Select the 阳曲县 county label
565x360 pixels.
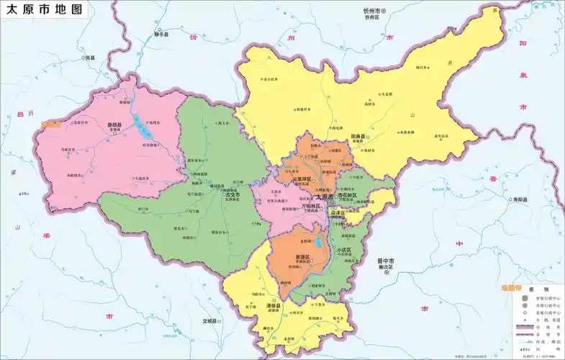[x=359, y=136]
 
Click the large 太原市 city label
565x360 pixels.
[x=325, y=197]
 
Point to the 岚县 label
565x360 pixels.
[x=90, y=57]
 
